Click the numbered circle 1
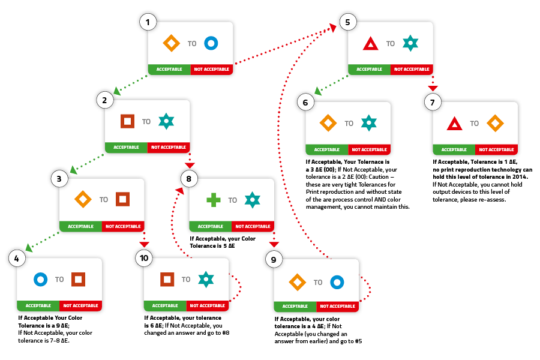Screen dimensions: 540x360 point(148,22)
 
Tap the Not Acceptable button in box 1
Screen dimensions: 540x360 point(212,69)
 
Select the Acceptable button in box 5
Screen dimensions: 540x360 point(369,69)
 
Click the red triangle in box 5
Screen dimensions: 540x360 point(371,44)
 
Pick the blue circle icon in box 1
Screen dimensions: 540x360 point(211,43)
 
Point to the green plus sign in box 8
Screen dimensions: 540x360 point(214,200)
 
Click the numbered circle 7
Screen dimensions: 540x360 point(433,102)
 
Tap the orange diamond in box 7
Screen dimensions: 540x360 point(495,123)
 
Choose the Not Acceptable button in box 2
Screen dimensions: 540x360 point(169,147)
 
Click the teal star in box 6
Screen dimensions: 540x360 point(369,123)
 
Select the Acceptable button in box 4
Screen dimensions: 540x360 point(38,305)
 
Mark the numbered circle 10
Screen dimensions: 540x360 point(144,258)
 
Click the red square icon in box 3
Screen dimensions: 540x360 point(122,199)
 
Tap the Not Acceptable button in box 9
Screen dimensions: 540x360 point(337,306)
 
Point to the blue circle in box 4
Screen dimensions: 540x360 point(40,280)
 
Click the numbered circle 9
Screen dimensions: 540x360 point(274,259)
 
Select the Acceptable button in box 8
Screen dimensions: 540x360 point(211,226)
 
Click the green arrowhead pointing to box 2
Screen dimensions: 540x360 point(117,91)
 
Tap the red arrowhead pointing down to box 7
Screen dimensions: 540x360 point(433,88)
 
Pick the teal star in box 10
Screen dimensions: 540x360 point(206,280)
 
